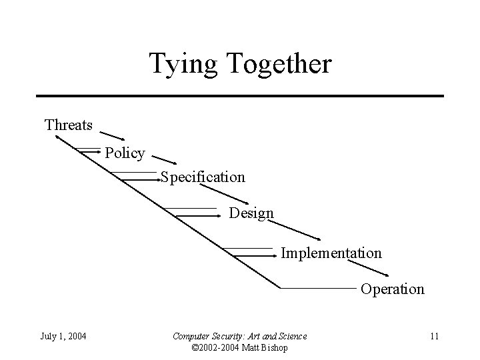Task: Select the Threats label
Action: (x=68, y=125)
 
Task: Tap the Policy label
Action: (x=125, y=153)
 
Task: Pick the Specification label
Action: (x=203, y=177)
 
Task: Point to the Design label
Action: (x=251, y=213)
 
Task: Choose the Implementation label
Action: (x=331, y=253)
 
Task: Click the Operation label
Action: (x=392, y=289)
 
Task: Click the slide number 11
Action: (x=433, y=335)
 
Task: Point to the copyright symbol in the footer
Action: (x=195, y=347)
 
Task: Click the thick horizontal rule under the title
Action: (x=240, y=96)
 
